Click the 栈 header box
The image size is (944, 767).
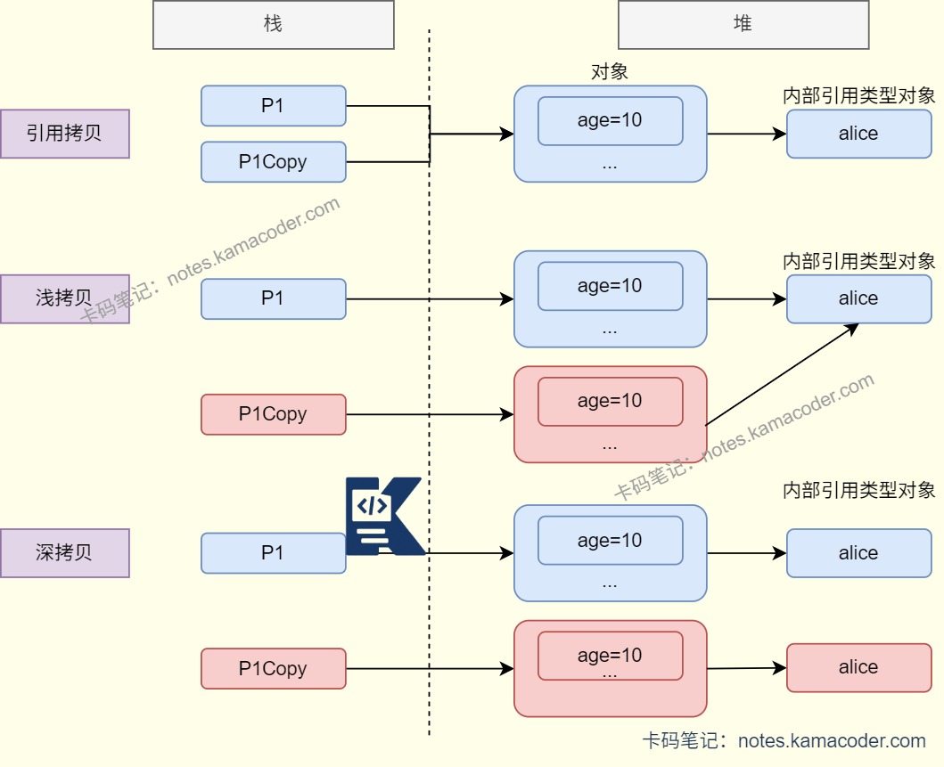coord(273,24)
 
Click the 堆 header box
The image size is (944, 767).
coord(743,24)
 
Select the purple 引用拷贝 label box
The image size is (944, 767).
coord(64,134)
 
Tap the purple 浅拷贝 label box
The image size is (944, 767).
coord(64,298)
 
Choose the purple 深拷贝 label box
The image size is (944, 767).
coord(64,552)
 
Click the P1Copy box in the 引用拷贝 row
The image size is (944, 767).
coord(273,162)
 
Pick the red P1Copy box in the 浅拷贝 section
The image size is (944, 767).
coord(273,414)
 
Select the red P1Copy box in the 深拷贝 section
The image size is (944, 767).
coord(273,669)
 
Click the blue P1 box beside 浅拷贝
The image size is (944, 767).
coord(273,298)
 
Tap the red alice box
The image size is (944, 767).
coord(858,668)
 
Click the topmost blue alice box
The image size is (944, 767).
coord(858,134)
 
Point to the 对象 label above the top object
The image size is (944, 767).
coord(610,72)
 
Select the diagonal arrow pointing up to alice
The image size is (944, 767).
coord(781,374)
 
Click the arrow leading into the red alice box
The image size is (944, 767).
coord(746,668)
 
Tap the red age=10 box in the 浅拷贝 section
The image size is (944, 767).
coord(610,401)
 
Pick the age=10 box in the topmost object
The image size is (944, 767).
coord(610,120)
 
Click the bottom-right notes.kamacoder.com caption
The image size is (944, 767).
coord(784,740)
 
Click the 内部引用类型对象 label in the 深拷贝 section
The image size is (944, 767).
coord(858,490)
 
